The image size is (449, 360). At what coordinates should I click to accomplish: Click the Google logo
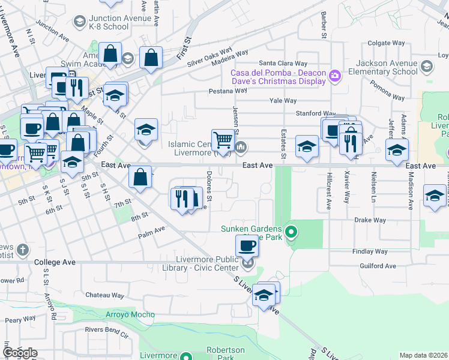click(x=20, y=353)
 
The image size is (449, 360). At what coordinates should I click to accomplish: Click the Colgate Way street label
click(x=386, y=43)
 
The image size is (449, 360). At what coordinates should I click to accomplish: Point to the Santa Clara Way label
click(x=283, y=63)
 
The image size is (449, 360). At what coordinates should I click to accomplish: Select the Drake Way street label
click(x=370, y=220)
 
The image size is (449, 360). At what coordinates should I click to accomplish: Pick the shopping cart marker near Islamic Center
click(x=223, y=140)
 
